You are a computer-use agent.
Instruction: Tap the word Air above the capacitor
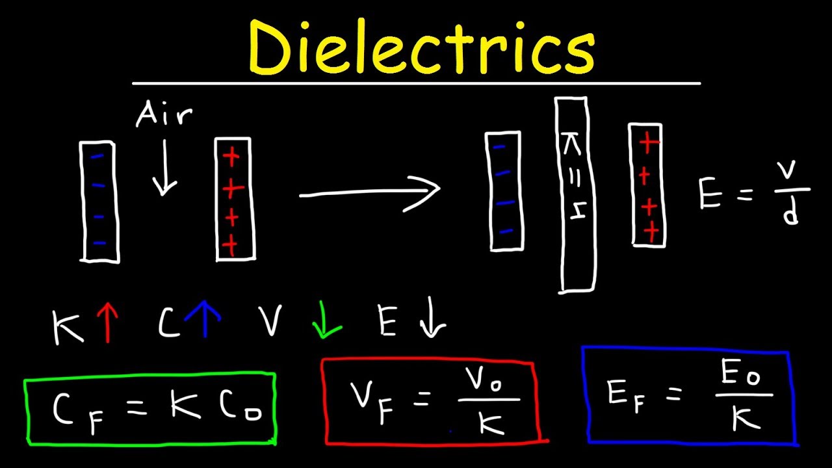click(x=164, y=113)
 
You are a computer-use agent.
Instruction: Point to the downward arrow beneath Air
click(x=164, y=167)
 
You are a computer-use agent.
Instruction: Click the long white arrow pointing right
click(x=370, y=192)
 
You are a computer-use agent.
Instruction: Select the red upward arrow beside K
click(x=108, y=322)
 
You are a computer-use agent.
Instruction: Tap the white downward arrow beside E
click(x=433, y=317)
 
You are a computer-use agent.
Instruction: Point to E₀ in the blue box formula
click(x=740, y=372)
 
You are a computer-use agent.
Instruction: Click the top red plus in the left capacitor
click(x=231, y=157)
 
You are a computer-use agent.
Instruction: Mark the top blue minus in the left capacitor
click(x=97, y=157)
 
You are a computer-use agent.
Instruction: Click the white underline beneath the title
click(x=417, y=84)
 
